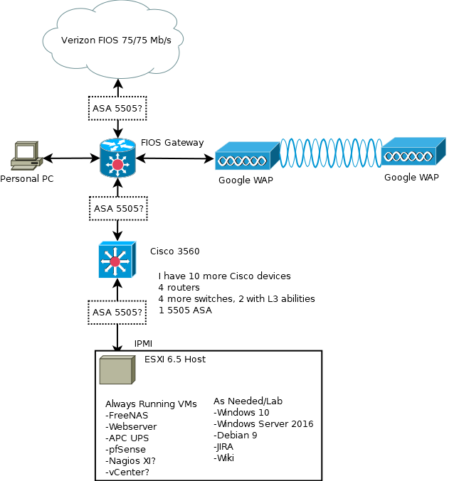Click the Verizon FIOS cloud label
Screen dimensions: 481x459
115,39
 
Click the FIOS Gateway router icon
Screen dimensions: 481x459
117,157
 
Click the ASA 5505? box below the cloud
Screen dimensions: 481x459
117,108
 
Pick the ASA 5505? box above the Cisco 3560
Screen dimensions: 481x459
119,209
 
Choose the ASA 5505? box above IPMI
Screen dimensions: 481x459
117,311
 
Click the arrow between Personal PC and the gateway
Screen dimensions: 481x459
70,157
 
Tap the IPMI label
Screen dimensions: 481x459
143,344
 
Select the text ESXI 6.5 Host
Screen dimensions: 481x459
175,359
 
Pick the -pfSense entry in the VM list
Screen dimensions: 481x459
126,449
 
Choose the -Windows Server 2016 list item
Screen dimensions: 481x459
263,423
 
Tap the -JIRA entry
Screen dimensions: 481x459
223,446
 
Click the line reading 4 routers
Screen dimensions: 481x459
179,287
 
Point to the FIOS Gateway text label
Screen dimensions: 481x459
172,143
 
